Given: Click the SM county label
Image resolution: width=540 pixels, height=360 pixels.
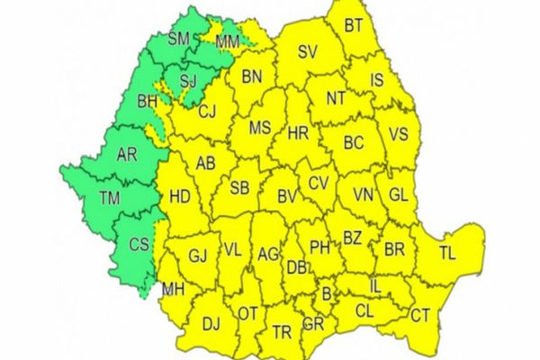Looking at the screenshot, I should pos(178,39).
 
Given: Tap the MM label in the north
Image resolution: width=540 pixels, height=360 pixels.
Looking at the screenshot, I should pos(228,41).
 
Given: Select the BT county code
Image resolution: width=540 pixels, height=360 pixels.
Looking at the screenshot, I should pos(354,27).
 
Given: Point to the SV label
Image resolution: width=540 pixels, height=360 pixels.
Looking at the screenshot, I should pos(309,52).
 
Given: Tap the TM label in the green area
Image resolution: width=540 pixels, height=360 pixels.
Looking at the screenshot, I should pos(109,198).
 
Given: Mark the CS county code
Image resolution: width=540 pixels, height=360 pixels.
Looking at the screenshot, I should pos(139,245).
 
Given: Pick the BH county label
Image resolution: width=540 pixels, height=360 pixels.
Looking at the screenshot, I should pos(147,103).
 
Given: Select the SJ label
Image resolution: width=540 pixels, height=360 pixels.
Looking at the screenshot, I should pos(188,82).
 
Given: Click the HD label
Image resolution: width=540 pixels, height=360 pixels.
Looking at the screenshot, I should pos(180,196).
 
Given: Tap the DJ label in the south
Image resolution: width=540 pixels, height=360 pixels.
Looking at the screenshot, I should pos(211,324).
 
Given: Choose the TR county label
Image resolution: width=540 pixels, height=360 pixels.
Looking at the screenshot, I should pos(281,332).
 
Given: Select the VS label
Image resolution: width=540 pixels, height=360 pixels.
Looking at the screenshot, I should pos(399,135).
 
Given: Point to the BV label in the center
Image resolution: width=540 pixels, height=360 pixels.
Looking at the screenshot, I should pos(287,196).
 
